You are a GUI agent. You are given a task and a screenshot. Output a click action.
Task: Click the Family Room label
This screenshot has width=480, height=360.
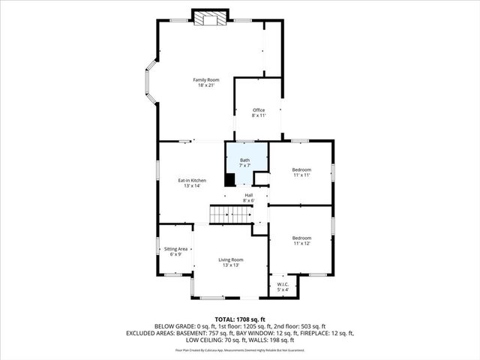coord(205,79)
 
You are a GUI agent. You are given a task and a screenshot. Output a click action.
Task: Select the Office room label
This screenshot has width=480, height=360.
coord(258,110)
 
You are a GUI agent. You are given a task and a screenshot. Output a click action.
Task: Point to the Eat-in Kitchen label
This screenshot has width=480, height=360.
coord(192,180)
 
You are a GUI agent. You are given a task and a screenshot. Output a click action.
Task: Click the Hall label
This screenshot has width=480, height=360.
coord(248,195)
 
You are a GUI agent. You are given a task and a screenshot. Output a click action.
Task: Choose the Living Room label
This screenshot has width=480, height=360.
coord(231,259)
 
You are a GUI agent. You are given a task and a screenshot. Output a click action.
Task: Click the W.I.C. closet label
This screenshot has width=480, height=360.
coord(283,284)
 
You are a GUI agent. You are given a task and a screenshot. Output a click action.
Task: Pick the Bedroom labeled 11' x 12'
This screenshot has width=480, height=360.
coord(301,239)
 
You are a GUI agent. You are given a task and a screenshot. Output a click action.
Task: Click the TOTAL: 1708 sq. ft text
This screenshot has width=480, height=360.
coord(239,318)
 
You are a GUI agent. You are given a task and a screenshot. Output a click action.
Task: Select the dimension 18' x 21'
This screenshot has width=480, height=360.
coord(205,85)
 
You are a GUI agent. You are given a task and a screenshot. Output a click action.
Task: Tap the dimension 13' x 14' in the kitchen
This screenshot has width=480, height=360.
coord(192,186)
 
